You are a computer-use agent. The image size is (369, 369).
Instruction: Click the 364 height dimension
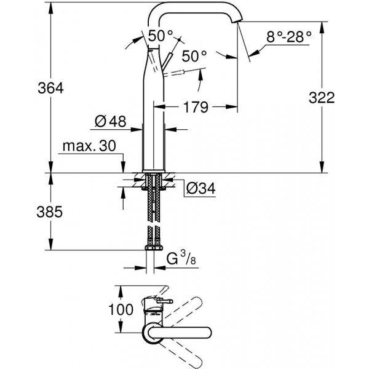coord(50,88)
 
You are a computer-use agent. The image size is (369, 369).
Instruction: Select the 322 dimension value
coord(322,97)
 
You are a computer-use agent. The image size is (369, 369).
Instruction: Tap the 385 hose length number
coord(49,212)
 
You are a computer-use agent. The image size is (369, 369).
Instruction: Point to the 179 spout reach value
coord(196,107)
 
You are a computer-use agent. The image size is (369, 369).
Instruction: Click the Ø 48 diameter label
coord(110,121)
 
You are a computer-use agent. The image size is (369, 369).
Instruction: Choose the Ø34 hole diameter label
coord(200,188)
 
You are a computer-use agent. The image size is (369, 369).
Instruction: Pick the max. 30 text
coord(89,146)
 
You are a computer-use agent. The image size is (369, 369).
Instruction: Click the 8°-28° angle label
coord(289,37)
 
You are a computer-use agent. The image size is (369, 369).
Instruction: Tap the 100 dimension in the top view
coord(121,309)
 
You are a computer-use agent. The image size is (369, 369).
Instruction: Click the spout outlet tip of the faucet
coord(236,22)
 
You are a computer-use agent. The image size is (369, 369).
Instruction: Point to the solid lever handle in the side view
coord(168,61)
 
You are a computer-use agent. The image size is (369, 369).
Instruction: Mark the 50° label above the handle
coord(161,36)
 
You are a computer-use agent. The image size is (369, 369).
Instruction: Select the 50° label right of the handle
coord(194,56)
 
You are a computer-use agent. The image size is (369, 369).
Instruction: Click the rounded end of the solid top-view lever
coord(208,333)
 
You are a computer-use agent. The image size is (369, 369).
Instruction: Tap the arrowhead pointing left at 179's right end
coord(231,107)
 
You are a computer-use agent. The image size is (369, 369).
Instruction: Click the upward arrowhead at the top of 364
coord(50,8)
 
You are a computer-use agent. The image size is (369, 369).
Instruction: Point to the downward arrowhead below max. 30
coord(123,167)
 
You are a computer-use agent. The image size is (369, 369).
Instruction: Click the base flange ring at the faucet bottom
coord(153,171)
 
